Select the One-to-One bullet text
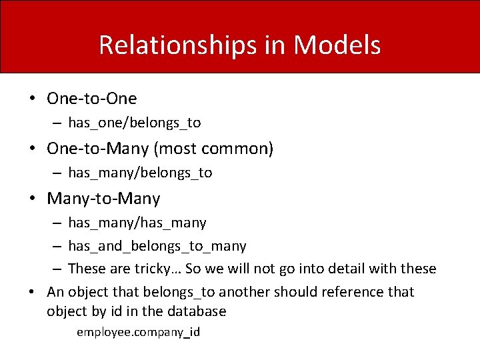pos(91,99)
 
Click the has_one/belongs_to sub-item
pos(134,123)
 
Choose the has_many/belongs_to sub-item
pos(140,173)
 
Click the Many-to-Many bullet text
pos(103,198)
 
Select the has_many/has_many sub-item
pos(137,223)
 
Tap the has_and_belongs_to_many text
pos(157,246)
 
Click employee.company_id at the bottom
pos(138,332)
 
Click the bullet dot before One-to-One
pos(32,99)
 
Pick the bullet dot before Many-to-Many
pos(32,199)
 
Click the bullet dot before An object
pos(32,292)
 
